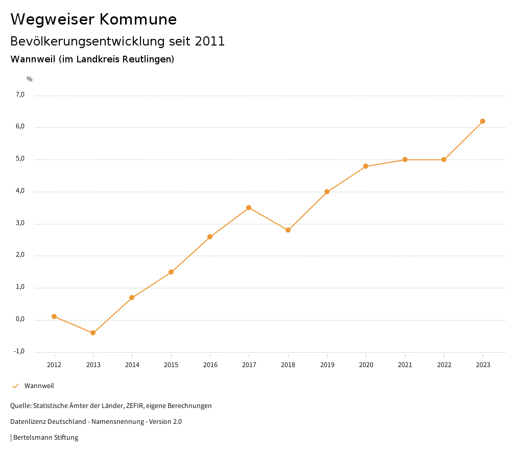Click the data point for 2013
[x=93, y=333]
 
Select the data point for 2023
[x=483, y=121]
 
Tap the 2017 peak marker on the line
[x=249, y=208]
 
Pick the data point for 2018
[x=288, y=230]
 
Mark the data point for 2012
[x=54, y=316]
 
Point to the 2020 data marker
[x=366, y=166]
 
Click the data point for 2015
[x=171, y=272]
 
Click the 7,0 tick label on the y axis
[x=20, y=95]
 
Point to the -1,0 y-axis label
[x=19, y=351]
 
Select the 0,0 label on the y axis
[x=20, y=319]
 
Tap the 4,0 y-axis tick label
[x=20, y=191]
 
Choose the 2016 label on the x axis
[x=210, y=365]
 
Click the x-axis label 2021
[x=405, y=365]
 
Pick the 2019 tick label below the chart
[x=327, y=365]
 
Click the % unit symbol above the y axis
[x=30, y=79]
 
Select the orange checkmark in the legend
[x=15, y=386]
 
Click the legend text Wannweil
[x=39, y=386]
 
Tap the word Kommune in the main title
[x=138, y=19]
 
